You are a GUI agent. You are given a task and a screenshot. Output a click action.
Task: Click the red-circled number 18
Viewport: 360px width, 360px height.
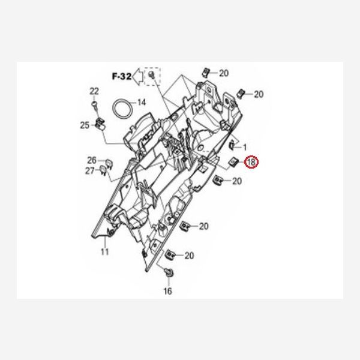[x=251, y=162]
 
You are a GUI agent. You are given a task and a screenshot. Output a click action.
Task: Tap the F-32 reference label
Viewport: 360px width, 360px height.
[x=122, y=76]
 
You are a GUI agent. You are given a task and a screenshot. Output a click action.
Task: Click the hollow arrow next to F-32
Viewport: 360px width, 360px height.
[x=138, y=77]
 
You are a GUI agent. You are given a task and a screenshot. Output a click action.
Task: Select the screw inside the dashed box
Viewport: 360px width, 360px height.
[x=152, y=75]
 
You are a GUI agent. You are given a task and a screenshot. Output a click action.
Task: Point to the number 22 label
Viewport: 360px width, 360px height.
[x=94, y=91]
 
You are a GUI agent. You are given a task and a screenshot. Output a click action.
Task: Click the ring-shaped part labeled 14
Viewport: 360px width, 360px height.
[x=122, y=109]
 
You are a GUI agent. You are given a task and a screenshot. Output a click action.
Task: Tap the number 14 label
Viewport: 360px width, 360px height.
[x=142, y=103]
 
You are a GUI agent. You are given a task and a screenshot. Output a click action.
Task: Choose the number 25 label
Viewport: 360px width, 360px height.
[x=85, y=125]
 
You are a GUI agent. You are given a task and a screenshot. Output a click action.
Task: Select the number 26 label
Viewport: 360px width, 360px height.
[x=92, y=160]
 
